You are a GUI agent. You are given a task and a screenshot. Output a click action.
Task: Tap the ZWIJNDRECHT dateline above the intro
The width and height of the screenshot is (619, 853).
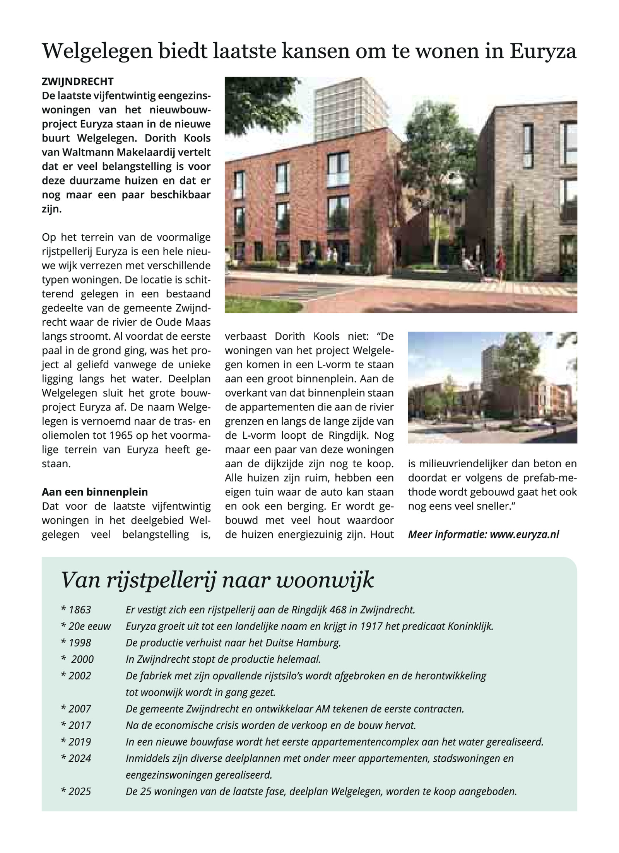click(x=78, y=82)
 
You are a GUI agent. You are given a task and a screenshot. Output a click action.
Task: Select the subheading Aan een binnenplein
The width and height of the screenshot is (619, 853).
click(x=95, y=492)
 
